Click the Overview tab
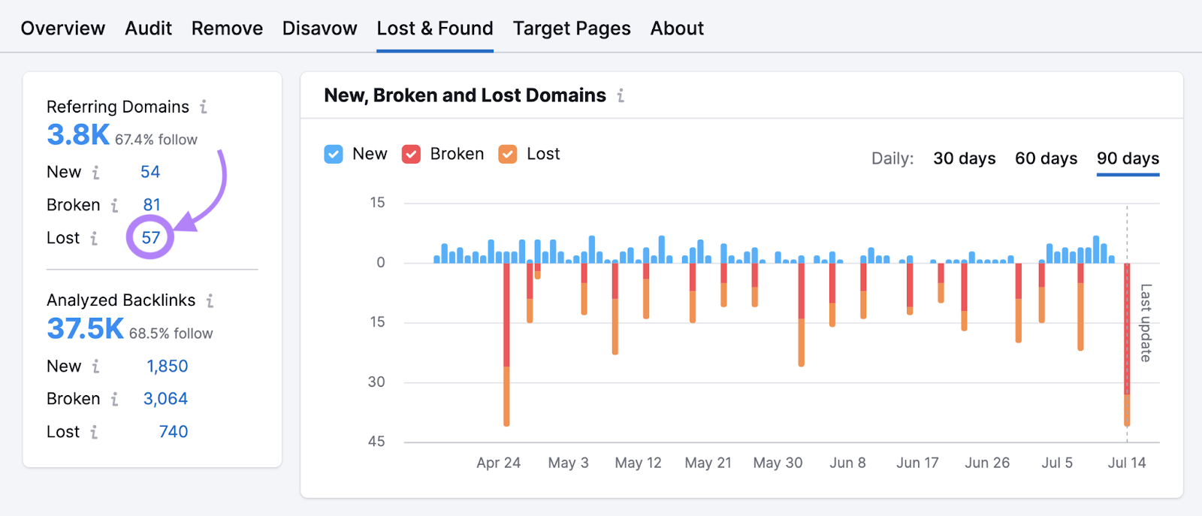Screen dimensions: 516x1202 (63, 29)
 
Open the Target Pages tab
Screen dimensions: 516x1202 (572, 29)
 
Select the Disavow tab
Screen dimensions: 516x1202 (319, 29)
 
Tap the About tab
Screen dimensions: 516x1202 (677, 29)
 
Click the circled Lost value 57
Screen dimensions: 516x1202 (151, 238)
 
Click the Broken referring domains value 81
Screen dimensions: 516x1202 (152, 205)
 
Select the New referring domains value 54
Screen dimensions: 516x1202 (150, 172)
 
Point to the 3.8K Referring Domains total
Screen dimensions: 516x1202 (78, 135)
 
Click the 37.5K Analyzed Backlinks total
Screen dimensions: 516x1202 (85, 329)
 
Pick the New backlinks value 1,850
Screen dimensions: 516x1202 (167, 367)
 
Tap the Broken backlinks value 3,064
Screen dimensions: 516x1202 (165, 399)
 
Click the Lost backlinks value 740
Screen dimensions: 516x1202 (173, 432)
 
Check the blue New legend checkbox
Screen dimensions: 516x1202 (334, 154)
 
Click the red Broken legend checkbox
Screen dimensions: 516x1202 (411, 154)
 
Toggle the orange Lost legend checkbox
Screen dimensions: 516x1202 (508, 154)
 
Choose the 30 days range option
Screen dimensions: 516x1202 (964, 158)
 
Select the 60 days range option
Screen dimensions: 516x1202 (1046, 158)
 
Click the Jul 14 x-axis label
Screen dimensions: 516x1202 (1126, 463)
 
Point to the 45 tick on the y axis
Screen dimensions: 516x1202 (376, 442)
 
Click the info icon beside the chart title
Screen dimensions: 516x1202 (621, 96)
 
